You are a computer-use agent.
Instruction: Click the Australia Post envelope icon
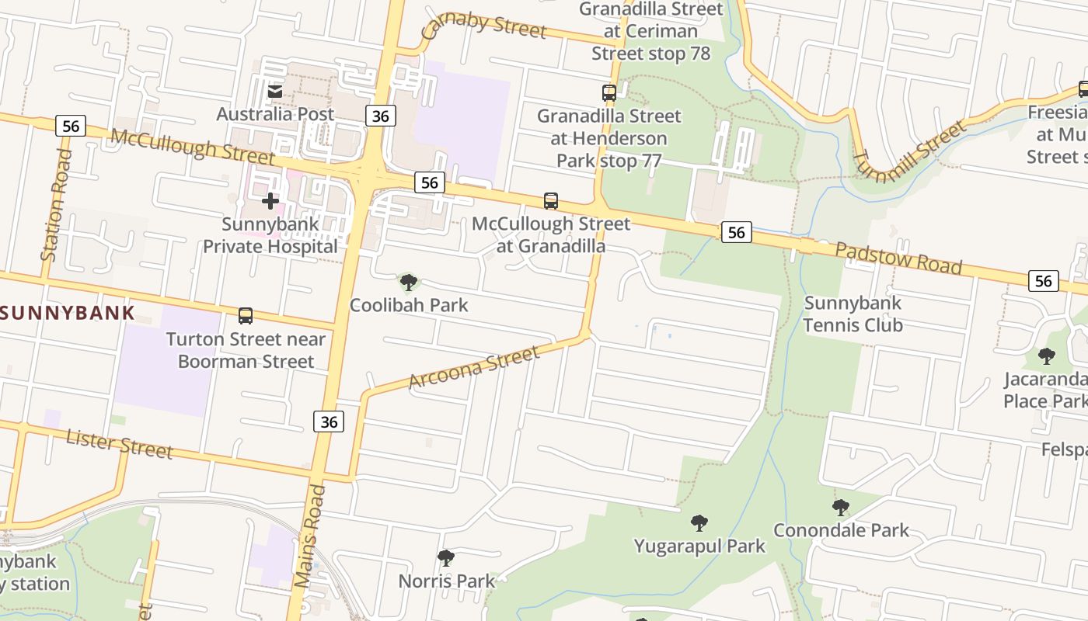point(275,92)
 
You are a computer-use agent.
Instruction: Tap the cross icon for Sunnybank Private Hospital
point(270,202)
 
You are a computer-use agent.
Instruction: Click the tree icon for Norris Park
point(446,558)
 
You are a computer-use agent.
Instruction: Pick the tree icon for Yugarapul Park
point(699,523)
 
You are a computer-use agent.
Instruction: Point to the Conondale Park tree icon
point(840,508)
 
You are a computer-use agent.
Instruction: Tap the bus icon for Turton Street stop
point(246,316)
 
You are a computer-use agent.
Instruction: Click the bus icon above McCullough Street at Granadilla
point(551,201)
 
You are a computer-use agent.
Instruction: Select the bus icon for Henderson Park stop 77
point(609,93)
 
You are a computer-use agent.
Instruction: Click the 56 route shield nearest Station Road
point(71,126)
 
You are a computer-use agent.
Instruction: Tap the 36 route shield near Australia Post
point(380,116)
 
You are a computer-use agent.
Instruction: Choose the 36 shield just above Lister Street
point(329,421)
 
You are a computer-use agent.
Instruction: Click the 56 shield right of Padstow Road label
point(1043,281)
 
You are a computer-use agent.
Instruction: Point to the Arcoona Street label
point(473,368)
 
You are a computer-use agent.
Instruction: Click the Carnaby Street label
point(483,25)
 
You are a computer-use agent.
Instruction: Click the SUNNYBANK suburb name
point(68,314)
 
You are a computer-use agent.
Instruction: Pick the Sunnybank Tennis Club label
point(853,314)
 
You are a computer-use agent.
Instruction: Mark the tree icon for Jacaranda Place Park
point(1047,356)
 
